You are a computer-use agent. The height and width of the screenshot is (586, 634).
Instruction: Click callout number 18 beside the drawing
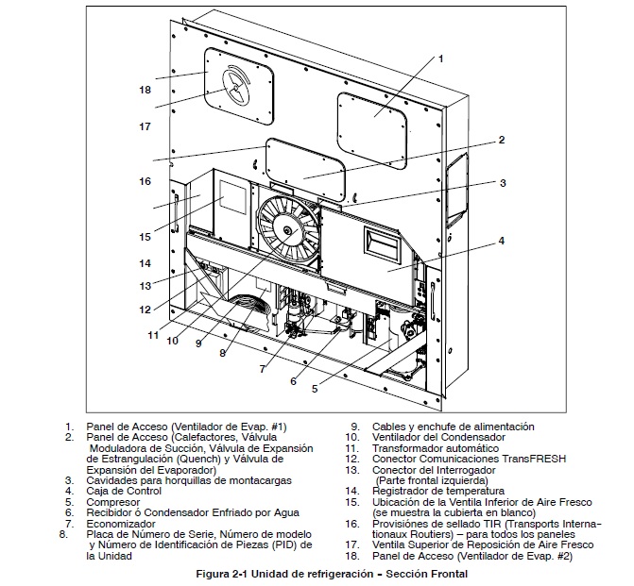pos(145,91)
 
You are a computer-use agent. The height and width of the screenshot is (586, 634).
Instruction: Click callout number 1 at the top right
pos(440,59)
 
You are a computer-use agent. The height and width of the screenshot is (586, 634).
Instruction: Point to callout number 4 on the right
pos(502,241)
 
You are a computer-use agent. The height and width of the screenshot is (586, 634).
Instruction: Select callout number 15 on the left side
pos(145,236)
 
